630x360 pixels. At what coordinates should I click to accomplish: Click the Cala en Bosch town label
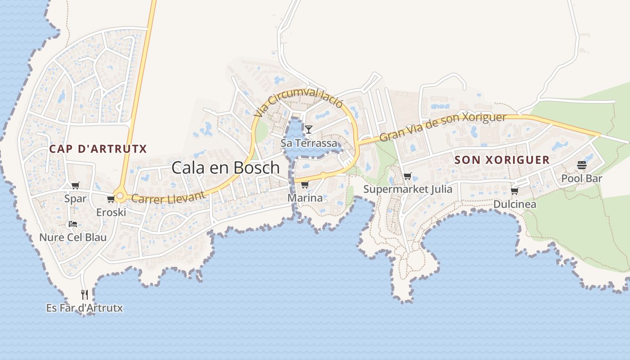tap(225, 168)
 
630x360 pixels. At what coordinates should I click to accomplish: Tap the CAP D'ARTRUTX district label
tap(98, 149)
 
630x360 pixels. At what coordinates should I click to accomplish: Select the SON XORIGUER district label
tap(502, 160)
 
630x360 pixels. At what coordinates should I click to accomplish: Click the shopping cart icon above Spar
tap(75, 185)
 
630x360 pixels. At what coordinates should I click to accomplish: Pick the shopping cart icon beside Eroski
tap(111, 199)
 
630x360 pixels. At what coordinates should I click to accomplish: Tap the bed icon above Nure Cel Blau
tap(72, 224)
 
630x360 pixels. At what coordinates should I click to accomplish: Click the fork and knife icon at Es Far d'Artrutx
tap(84, 295)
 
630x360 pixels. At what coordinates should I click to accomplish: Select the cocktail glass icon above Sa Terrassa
tap(309, 130)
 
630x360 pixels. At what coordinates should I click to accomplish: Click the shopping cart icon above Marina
tap(305, 184)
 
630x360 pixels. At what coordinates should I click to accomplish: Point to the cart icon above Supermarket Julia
tap(407, 176)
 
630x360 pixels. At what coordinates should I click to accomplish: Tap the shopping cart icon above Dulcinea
tap(514, 191)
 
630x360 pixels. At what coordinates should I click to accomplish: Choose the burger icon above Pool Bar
tap(581, 165)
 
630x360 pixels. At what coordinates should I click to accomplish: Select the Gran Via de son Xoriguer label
tap(443, 126)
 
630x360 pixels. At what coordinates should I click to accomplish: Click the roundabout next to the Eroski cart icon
tap(120, 196)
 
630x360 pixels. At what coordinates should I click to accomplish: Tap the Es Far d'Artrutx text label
tap(84, 308)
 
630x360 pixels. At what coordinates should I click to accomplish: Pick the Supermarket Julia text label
tap(408, 189)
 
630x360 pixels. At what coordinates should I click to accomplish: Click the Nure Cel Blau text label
tap(73, 237)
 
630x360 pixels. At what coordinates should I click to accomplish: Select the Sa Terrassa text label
tap(309, 143)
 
